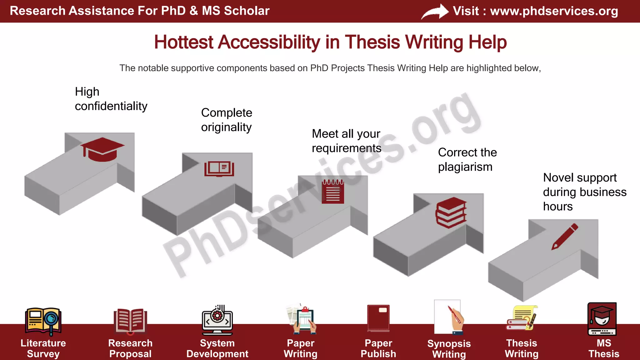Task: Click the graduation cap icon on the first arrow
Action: coord(102,149)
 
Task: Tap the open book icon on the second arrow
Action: coord(219,169)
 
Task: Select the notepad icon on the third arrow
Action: coord(333,192)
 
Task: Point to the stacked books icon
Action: coord(451,212)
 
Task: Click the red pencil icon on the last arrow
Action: coord(565,237)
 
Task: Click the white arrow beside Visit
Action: coord(435,12)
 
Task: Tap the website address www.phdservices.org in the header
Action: coord(554,11)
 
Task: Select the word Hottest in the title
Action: coord(183,42)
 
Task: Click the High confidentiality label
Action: coord(111,99)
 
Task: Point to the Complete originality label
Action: coord(227,120)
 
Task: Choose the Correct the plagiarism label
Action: coord(467,159)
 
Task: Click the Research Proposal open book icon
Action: coord(130,321)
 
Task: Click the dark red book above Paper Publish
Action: coord(378,318)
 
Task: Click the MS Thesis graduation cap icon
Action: coord(602,319)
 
